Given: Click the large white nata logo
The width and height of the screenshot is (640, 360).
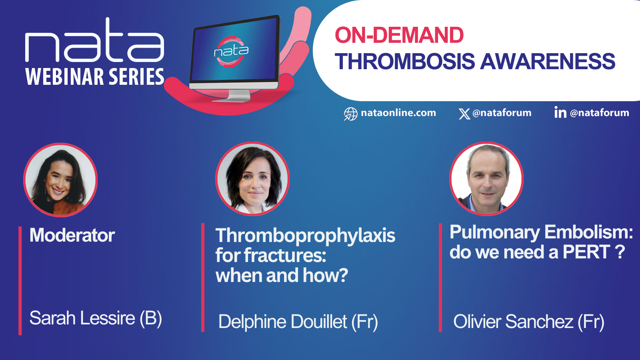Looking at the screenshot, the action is point(94,40).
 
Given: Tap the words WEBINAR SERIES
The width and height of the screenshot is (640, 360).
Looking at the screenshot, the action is point(95,76).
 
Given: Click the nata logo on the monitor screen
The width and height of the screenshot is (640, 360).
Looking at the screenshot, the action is point(232,52).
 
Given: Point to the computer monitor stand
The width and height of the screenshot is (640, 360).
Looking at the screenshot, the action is point(232,96).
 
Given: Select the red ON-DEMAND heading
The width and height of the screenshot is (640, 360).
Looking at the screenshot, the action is point(399,35).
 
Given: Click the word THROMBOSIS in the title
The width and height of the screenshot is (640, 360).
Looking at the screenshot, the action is point(404,61).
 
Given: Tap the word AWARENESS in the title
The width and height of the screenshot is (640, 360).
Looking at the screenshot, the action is point(548,61).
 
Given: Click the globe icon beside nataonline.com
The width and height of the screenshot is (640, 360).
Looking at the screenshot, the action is point(350,114).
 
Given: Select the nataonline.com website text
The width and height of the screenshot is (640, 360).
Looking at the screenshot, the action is point(398,113).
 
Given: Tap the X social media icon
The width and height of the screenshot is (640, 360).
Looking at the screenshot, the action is point(464,114).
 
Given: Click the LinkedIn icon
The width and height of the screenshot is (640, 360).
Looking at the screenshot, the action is point(560,112).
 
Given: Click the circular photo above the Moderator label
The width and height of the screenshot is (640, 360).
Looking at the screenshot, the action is point(60,180).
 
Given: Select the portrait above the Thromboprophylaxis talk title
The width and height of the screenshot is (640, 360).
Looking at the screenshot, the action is point(252,178).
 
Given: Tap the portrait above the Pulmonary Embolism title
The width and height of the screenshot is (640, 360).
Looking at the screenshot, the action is point(486,178).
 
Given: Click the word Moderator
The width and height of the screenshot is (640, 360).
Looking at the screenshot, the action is point(72,235).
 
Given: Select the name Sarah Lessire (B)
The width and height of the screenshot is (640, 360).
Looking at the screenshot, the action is point(96,318).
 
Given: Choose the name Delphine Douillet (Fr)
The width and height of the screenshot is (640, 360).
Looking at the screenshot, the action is point(298,322).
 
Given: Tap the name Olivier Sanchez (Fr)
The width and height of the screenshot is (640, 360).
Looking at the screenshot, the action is point(528,322).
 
